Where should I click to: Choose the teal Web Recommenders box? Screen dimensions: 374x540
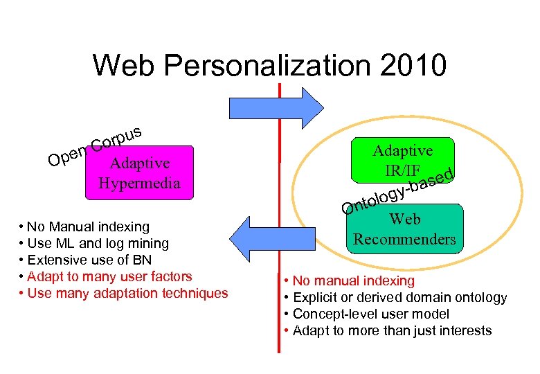point(404,229)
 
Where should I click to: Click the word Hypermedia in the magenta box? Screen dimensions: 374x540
point(140,184)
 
